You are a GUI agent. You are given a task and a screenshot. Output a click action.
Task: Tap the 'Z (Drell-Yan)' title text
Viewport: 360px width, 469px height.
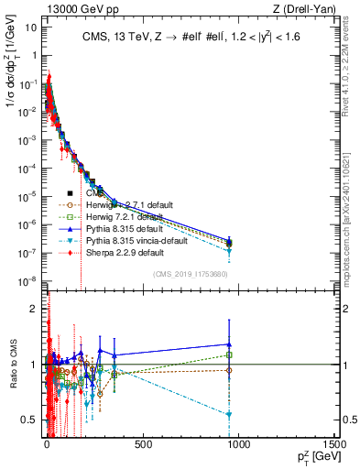pyautogui.click(x=306, y=8)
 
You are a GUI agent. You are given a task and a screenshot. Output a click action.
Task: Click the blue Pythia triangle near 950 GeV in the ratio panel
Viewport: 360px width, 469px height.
pyautogui.click(x=229, y=344)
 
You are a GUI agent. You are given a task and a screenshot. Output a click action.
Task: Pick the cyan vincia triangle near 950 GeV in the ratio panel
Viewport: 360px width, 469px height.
pyautogui.click(x=229, y=415)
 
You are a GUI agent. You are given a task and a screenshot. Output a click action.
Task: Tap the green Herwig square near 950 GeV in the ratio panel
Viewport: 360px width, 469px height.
pyautogui.click(x=229, y=354)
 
